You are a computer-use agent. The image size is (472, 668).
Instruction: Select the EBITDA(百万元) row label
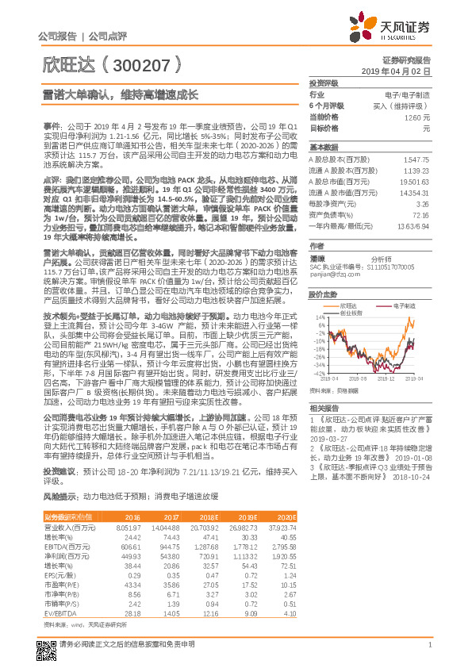click(x=66, y=546)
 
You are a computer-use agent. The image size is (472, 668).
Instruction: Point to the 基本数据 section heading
click(x=322, y=148)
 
